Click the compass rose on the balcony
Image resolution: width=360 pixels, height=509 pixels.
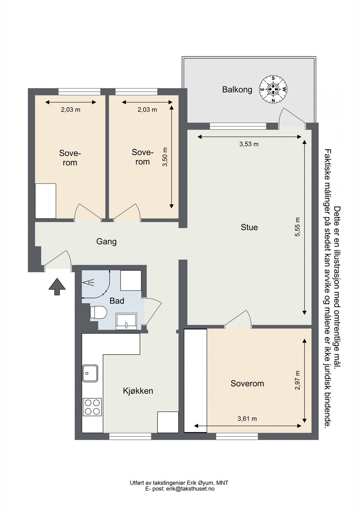click(x=273, y=89)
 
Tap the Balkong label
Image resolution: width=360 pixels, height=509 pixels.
click(x=237, y=90)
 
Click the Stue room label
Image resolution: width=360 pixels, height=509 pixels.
click(x=249, y=227)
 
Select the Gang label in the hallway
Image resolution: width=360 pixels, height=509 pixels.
click(x=106, y=241)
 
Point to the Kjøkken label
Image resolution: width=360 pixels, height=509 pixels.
click(x=138, y=391)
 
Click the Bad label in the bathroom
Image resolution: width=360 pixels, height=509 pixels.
click(x=117, y=301)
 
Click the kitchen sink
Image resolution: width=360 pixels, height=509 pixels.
click(x=90, y=373)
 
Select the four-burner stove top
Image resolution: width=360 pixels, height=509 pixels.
click(x=92, y=407)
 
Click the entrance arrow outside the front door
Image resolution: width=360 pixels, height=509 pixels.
click(x=57, y=287)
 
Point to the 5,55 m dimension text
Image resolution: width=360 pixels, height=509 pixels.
click(x=298, y=227)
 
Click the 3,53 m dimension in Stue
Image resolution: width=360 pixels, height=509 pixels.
click(x=249, y=144)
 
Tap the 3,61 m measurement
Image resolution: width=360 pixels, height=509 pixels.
click(x=247, y=419)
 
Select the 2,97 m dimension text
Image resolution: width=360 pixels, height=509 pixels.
click(x=298, y=380)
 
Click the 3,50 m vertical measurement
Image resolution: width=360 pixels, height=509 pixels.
click(x=165, y=157)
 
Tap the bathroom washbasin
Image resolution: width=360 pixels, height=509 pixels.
click(x=126, y=321)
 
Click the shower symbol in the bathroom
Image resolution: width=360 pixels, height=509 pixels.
click(x=89, y=283)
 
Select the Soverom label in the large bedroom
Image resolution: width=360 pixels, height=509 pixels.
click(x=247, y=384)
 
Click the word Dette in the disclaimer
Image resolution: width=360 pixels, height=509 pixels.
click(x=337, y=215)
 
